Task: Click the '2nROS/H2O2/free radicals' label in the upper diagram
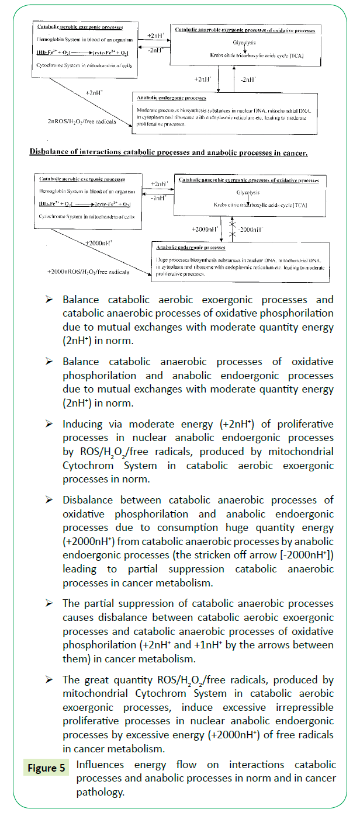pos(82,121)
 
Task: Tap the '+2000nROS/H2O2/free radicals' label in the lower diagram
pos(88,272)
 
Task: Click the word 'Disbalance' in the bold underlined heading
pos(49,152)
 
